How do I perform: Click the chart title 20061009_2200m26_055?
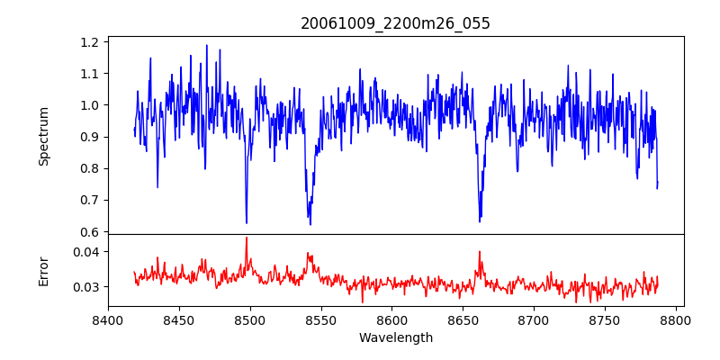click(x=395, y=23)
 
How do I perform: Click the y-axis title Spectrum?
click(x=44, y=136)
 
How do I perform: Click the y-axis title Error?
click(x=44, y=270)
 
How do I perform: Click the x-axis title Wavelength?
click(x=395, y=338)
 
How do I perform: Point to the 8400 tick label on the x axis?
click(x=108, y=320)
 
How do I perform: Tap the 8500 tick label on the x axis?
click(x=250, y=320)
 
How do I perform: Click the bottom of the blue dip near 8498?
click(x=247, y=222)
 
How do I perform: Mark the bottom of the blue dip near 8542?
click(x=310, y=224)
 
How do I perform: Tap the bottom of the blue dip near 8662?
click(x=480, y=221)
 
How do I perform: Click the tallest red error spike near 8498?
click(x=247, y=238)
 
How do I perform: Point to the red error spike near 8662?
click(x=480, y=252)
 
